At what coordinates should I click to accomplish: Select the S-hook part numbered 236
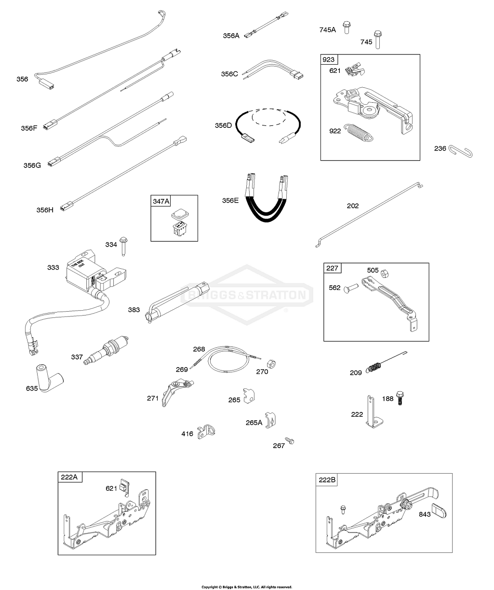(x=461, y=151)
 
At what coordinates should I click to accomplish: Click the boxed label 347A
(x=161, y=201)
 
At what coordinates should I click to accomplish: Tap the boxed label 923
(x=329, y=60)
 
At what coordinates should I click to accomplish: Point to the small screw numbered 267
(x=290, y=441)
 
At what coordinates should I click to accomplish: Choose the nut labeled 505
(x=386, y=274)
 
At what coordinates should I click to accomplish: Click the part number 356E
(x=229, y=200)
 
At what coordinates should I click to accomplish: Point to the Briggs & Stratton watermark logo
(x=246, y=295)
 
